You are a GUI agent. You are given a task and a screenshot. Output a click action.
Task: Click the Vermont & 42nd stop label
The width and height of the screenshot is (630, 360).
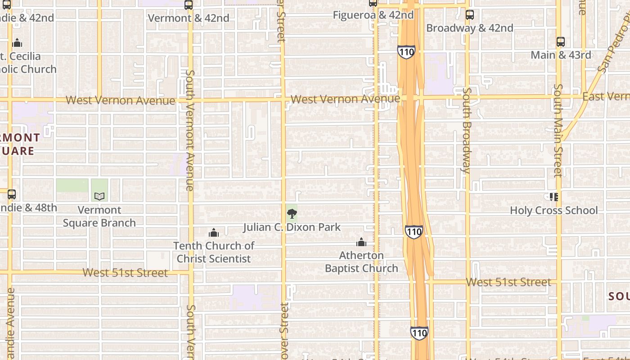189,18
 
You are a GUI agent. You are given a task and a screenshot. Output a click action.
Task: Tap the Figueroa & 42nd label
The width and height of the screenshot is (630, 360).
373,15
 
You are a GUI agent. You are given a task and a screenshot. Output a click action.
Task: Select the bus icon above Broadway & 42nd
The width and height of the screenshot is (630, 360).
470,15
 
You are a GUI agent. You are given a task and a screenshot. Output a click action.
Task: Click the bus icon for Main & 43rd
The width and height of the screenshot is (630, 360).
561,42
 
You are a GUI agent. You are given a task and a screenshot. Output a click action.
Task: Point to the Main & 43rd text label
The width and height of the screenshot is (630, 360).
561,55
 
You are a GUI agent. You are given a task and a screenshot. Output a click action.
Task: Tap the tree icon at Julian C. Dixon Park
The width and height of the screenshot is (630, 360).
292,214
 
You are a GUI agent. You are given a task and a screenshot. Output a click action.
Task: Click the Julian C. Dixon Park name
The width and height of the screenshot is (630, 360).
292,227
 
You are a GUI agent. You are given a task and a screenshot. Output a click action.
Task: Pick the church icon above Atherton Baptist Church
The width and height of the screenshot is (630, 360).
361,243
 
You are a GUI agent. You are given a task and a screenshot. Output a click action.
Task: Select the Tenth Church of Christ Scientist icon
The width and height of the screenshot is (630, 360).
214,233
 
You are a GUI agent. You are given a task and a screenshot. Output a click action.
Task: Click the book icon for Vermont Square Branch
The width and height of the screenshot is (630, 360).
99,196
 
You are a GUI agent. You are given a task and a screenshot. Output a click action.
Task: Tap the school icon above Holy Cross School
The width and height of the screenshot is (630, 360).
553,197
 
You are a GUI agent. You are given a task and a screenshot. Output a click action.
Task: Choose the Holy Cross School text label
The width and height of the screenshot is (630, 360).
553,210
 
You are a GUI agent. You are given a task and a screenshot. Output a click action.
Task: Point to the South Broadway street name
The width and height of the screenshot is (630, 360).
467,130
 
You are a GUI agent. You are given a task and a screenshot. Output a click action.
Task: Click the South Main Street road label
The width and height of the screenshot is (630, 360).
558,130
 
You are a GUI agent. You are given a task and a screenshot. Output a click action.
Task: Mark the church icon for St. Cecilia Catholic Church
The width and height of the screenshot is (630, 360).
17,43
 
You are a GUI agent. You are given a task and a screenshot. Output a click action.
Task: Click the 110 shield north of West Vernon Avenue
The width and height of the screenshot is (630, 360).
406,52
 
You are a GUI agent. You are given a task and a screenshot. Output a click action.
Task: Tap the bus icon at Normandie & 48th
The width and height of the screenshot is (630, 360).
12,194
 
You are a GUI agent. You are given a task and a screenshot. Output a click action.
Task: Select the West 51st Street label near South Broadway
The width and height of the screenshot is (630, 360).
508,282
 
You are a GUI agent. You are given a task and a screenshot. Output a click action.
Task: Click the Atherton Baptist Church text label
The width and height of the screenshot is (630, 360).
361,262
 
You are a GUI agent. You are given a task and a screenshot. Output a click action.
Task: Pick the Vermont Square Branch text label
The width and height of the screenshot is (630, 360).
99,216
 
